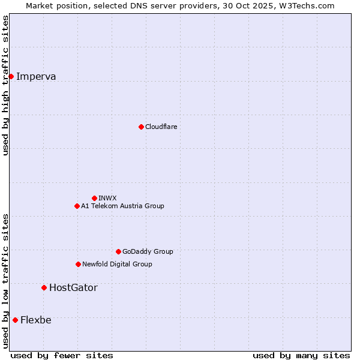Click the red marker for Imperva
[11, 76]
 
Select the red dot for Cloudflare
[141, 127]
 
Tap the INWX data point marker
[94, 198]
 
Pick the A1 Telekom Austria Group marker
[77, 206]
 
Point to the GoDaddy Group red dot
[118, 251]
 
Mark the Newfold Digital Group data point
[78, 264]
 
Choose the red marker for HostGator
[44, 287]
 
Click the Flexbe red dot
[15, 320]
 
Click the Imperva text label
[36, 76]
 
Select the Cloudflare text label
[161, 127]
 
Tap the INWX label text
[107, 198]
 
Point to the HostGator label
[73, 287]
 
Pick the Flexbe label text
[36, 320]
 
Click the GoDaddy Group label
[148, 251]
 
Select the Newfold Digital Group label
[117, 264]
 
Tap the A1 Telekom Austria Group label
[122, 206]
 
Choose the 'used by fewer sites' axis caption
[62, 355]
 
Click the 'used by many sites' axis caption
[301, 355]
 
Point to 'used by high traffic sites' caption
[6, 85]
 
